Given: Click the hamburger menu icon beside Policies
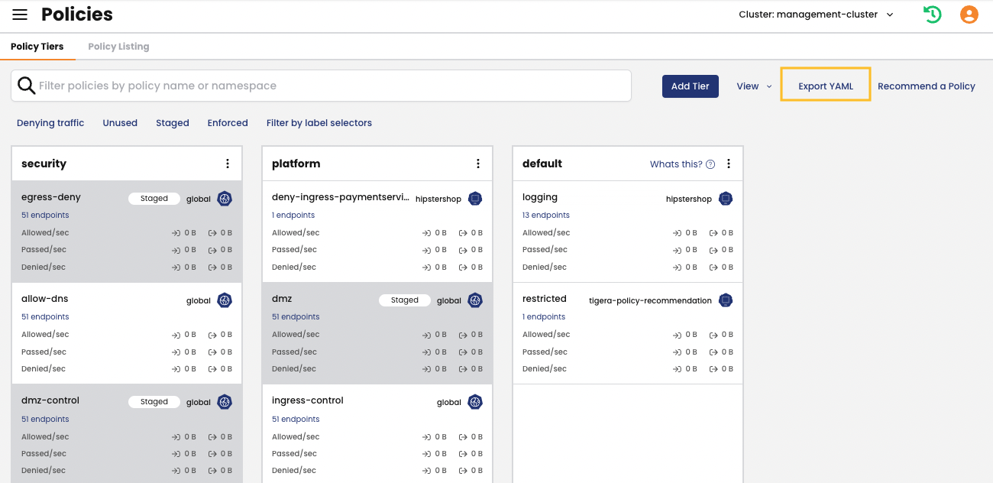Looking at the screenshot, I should [x=20, y=15].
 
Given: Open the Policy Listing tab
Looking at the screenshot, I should [x=118, y=47].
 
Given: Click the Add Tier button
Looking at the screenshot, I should [x=690, y=86].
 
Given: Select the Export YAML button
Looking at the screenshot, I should [x=825, y=86].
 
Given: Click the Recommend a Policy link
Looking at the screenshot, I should [x=926, y=86].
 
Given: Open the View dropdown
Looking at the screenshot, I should [x=753, y=86].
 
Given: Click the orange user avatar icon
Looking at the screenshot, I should [x=969, y=15].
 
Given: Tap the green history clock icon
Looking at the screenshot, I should [x=932, y=15].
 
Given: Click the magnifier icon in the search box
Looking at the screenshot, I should [x=27, y=86].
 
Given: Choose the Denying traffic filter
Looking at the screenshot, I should [x=50, y=123].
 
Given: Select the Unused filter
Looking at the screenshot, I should [x=120, y=123].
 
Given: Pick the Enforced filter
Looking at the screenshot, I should [x=228, y=123].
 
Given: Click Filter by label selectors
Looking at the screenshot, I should [x=319, y=123].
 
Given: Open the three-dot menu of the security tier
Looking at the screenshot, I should [x=228, y=164].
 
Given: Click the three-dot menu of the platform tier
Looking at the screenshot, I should [x=478, y=164].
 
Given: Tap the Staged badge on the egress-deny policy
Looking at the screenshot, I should [x=154, y=199].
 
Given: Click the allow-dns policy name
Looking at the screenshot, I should [x=45, y=299].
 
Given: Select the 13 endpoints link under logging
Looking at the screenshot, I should [x=546, y=216].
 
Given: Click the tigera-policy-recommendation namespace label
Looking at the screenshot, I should [x=650, y=301].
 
